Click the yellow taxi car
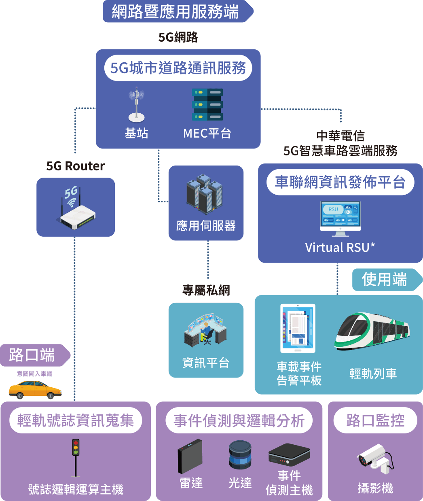click(35, 389)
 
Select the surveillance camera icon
click(375, 459)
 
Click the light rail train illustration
click(372, 331)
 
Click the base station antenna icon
click(136, 105)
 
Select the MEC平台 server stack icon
click(207, 105)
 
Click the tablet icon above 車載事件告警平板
click(298, 328)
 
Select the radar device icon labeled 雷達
click(190, 456)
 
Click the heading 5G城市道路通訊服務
click(178, 68)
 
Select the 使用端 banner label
click(384, 280)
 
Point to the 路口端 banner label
click(32, 355)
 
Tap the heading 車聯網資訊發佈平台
click(340, 182)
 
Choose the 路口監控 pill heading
click(375, 420)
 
